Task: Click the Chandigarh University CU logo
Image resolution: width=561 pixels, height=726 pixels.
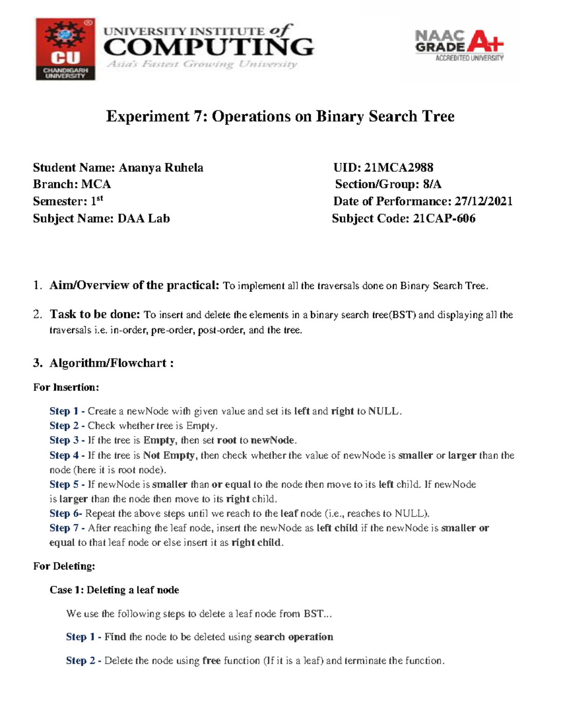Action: point(65,49)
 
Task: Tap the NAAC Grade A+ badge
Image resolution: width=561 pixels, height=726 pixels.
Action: point(459,46)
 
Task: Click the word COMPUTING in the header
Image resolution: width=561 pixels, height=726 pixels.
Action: point(209,48)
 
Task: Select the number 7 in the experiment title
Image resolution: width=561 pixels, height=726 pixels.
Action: point(198,116)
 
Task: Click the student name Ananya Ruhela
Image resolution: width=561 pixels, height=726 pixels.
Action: point(161,167)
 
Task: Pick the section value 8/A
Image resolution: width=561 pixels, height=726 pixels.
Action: point(432,184)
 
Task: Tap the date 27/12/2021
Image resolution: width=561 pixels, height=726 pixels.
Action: point(483,201)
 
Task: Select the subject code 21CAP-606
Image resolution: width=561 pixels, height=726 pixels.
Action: point(444,218)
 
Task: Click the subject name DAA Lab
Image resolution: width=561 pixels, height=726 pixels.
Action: point(144,218)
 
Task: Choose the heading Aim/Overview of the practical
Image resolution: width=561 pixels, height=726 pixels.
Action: point(134,285)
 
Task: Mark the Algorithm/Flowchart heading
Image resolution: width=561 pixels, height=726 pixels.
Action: point(111,363)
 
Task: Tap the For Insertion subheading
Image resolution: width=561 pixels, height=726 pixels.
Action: point(66,387)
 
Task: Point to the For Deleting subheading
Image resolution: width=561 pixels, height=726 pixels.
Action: point(64,566)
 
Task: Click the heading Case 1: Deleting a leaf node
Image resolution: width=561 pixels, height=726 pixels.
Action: point(115,590)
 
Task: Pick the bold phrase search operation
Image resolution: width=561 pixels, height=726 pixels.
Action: point(294,637)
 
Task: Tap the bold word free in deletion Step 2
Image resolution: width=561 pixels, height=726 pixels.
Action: point(211,661)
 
